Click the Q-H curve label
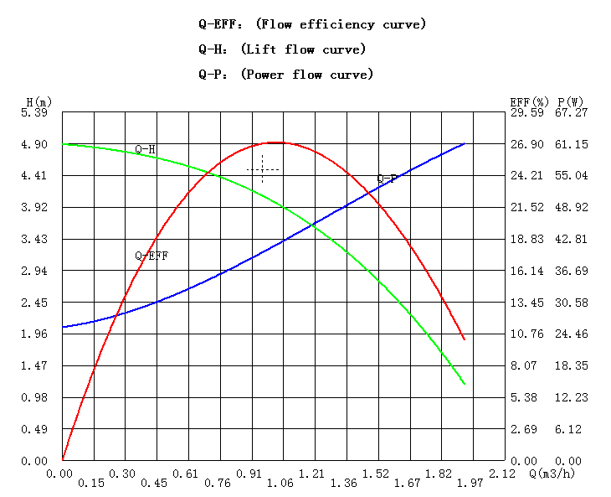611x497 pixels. coord(146,150)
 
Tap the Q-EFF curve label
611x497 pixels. coord(151,256)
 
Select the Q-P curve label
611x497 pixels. coord(387,179)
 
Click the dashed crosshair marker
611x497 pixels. coord(262,169)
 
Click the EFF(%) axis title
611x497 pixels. coord(528,102)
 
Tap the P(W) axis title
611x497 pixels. coord(571,102)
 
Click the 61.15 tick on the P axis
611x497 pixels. coord(572,144)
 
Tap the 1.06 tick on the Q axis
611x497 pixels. coord(280,484)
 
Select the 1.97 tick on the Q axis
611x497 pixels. coord(470,484)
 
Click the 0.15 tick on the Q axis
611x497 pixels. coord(90,484)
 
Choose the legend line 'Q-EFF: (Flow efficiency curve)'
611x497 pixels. coord(312,24)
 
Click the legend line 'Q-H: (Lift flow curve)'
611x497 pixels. coord(282,49)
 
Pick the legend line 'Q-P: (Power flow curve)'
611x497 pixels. coord(285,75)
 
